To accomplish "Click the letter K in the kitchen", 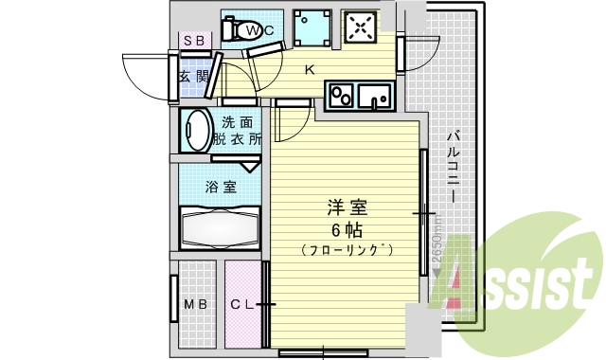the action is click(x=310, y=69).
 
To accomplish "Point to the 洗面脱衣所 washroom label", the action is click(x=238, y=130).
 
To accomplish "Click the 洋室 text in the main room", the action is click(x=347, y=207).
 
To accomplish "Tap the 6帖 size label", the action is click(x=347, y=230).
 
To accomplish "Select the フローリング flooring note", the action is click(x=347, y=250).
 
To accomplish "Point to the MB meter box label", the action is click(x=196, y=304).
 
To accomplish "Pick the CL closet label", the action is click(x=242, y=304).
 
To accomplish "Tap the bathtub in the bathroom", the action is click(x=217, y=228).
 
